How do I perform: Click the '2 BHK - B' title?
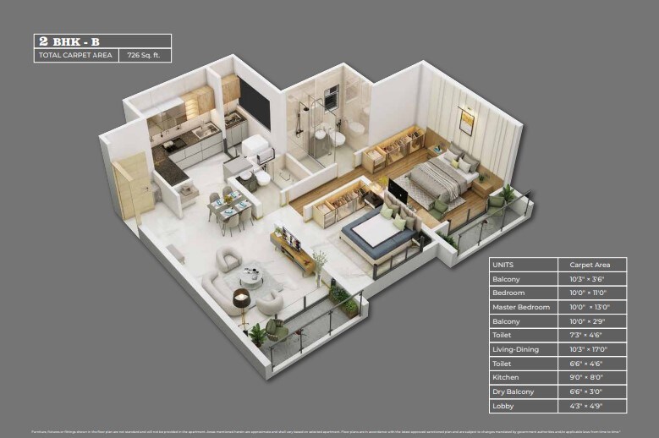click(69, 41)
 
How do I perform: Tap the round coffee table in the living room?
click(251, 276)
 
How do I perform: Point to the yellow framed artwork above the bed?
click(466, 121)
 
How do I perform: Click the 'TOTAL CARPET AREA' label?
click(74, 56)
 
